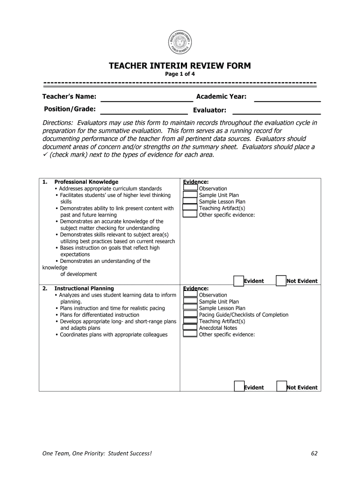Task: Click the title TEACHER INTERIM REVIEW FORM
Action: point(180,66)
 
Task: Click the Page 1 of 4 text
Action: point(180,74)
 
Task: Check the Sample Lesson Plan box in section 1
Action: point(190,202)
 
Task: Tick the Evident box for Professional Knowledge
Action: point(238,281)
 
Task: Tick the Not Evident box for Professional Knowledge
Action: point(281,281)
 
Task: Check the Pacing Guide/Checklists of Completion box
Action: point(190,314)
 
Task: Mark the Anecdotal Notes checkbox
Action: point(190,327)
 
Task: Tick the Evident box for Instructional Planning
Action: point(239,387)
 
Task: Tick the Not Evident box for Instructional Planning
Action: point(281,387)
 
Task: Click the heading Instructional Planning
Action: point(84,289)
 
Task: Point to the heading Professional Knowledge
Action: point(86,182)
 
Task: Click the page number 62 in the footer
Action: point(314,453)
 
